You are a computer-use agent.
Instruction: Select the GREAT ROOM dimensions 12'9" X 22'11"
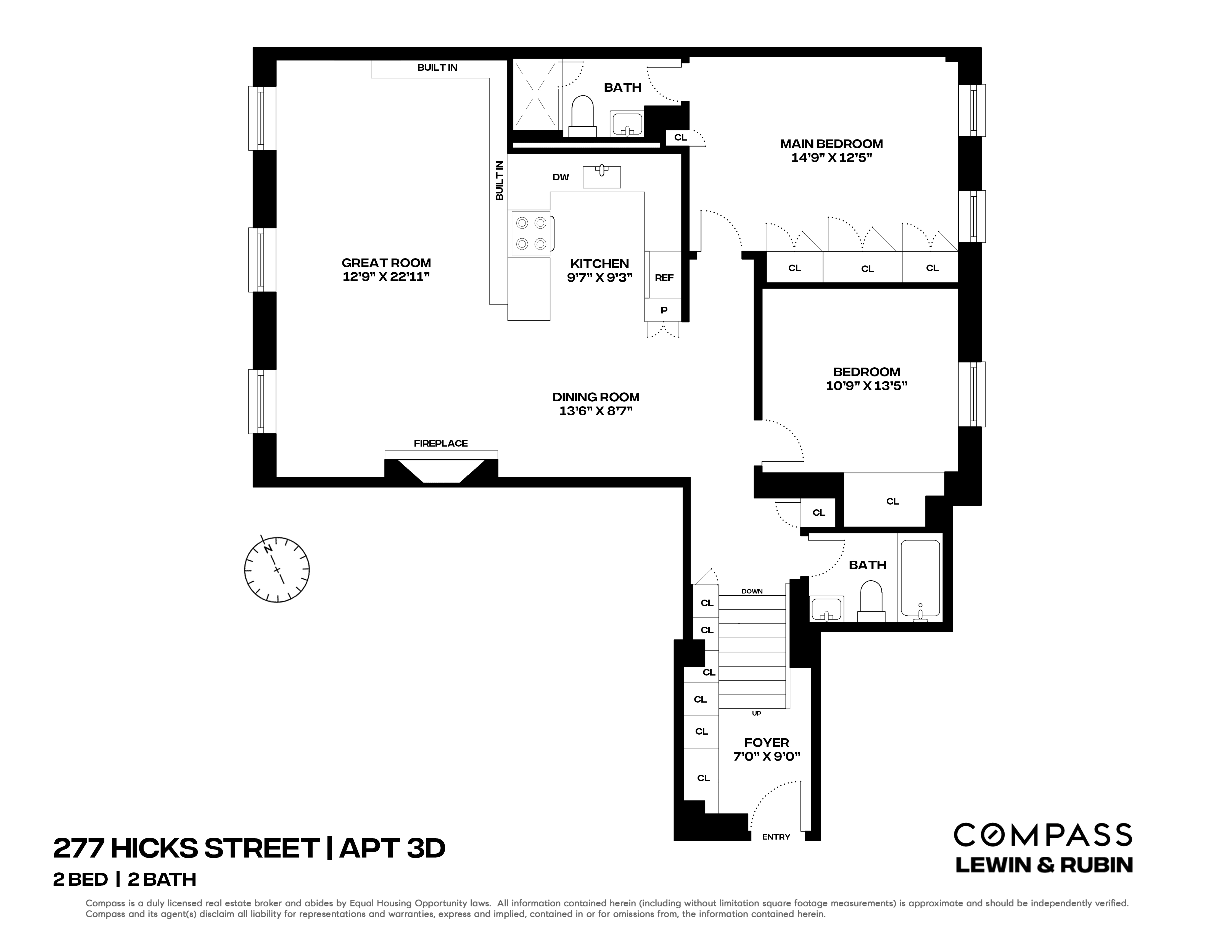[386, 277]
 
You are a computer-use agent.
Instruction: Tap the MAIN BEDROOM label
[831, 144]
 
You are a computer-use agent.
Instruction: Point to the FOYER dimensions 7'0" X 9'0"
[767, 756]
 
